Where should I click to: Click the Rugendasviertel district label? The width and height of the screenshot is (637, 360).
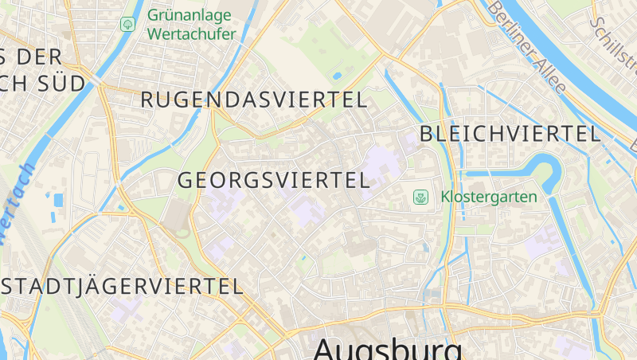[x=254, y=100]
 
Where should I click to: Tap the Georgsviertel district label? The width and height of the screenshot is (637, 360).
[x=274, y=180]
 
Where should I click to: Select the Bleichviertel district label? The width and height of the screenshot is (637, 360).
[x=510, y=134]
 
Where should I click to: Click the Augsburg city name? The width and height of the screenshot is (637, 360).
[x=388, y=349]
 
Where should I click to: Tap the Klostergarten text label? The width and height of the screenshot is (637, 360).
[x=489, y=196]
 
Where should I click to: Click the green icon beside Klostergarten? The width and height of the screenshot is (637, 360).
[x=420, y=196]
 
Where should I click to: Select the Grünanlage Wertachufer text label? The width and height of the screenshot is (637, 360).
[x=190, y=25]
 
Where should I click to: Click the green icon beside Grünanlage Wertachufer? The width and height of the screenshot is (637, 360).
[x=127, y=25]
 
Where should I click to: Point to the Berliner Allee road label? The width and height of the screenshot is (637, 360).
[x=526, y=48]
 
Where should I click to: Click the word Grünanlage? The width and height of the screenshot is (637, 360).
[x=190, y=15]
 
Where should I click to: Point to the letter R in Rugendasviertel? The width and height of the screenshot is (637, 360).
[x=147, y=100]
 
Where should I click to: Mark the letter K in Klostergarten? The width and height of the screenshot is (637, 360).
[x=446, y=196]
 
